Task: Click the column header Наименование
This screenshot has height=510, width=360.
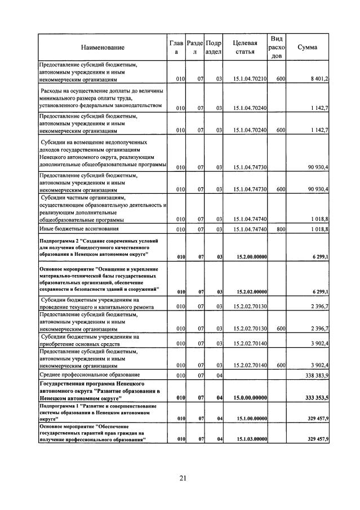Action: pyautogui.click(x=102, y=47)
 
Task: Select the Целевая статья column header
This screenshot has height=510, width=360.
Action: pyautogui.click(x=245, y=47)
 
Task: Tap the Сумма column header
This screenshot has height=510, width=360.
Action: pyautogui.click(x=307, y=47)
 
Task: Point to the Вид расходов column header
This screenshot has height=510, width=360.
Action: pyautogui.click(x=276, y=47)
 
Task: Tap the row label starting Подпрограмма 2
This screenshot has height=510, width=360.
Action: pyautogui.click(x=98, y=247)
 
